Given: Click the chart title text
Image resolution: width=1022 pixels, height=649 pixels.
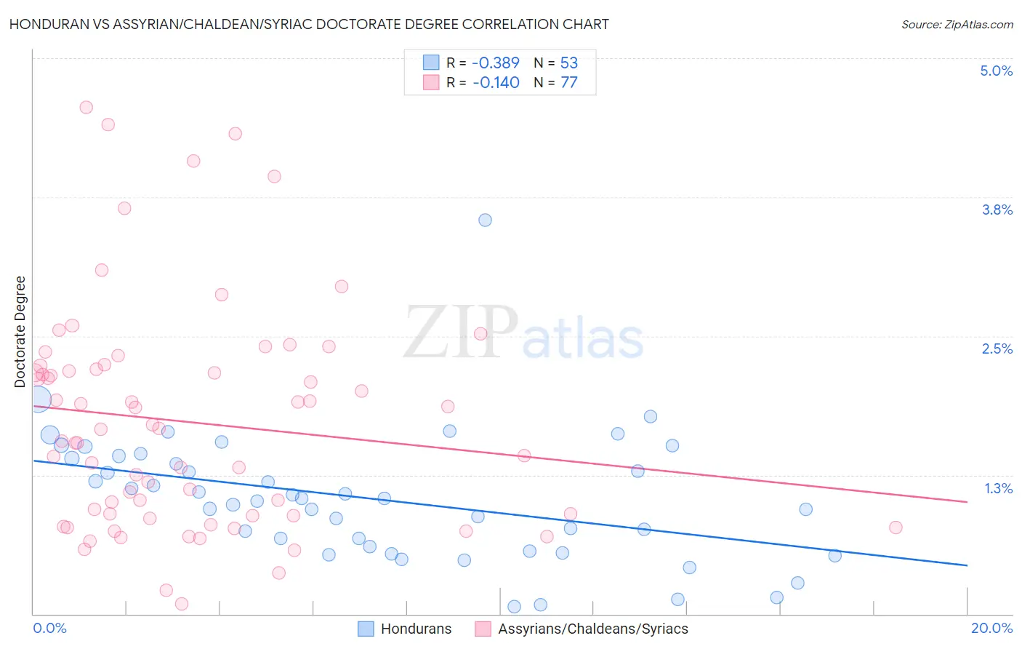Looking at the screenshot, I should [x=309, y=24].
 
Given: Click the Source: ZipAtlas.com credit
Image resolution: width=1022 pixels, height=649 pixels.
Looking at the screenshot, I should [x=957, y=24].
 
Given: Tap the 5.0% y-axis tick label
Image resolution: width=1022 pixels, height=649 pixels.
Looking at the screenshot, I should [x=996, y=71].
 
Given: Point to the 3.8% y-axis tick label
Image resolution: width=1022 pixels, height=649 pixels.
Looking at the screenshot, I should [x=997, y=210].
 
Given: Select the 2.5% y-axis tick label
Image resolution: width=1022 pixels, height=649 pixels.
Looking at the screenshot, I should [x=997, y=349].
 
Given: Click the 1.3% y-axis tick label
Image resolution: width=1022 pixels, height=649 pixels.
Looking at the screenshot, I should [x=998, y=488].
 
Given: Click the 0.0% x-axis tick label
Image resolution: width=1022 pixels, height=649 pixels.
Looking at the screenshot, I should [x=49, y=628].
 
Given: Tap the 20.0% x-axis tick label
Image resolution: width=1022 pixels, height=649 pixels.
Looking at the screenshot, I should [x=991, y=628].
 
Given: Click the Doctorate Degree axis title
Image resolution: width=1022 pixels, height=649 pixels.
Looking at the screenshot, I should [x=20, y=332].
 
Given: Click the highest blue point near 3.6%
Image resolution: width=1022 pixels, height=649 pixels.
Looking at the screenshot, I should [x=485, y=220].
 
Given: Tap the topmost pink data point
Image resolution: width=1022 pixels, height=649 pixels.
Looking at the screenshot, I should [x=86, y=107].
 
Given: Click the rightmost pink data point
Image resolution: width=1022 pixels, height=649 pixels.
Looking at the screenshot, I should [x=896, y=527].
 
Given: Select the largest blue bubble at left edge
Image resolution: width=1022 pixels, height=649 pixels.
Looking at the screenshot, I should [x=39, y=399].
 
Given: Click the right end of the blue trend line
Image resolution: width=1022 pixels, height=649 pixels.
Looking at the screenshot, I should [x=967, y=565].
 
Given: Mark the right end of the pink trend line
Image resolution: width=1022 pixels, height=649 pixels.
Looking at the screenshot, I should [x=967, y=502].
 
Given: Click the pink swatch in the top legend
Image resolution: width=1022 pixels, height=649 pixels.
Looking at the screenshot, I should [x=431, y=82].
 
